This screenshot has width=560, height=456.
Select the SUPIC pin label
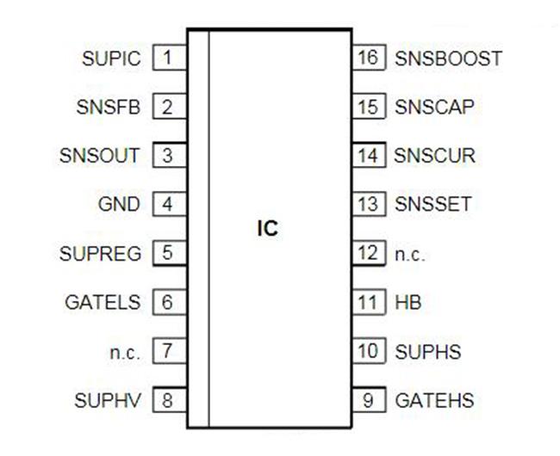pos(110,59)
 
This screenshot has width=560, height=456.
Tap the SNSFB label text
pos(108,108)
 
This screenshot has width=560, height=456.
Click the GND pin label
pos(119,206)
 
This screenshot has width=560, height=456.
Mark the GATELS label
pos(103,303)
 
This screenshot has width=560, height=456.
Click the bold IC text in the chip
pos(268,230)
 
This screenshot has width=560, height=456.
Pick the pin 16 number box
pos(368,59)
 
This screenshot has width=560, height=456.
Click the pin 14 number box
pos(368,157)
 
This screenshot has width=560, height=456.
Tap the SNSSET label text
pos(432,206)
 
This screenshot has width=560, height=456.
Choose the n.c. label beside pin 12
pos(410,255)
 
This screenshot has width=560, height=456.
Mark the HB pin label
pos(408,303)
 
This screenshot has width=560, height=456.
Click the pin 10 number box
pos(368,351)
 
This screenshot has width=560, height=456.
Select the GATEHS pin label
pos(434,400)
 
